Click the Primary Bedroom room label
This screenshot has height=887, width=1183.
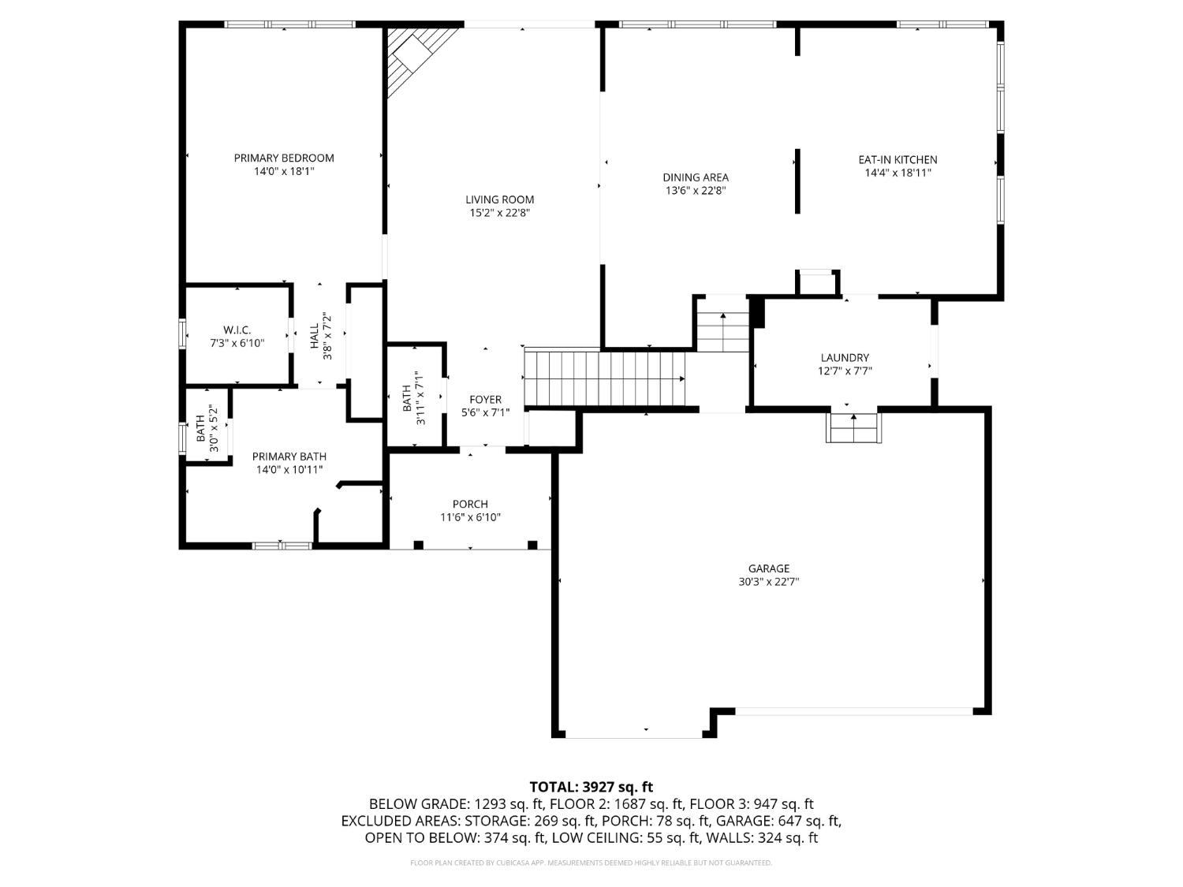pyautogui.click(x=284, y=158)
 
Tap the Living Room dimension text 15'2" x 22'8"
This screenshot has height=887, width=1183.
pyautogui.click(x=499, y=213)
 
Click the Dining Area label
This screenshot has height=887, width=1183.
pyautogui.click(x=695, y=177)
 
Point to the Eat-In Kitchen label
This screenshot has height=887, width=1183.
pyautogui.click(x=898, y=160)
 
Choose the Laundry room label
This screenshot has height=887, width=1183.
pyautogui.click(x=844, y=357)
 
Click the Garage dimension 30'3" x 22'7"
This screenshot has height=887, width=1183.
pyautogui.click(x=768, y=582)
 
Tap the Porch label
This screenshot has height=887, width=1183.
pyautogui.click(x=470, y=504)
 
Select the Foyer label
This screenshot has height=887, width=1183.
pyautogui.click(x=485, y=400)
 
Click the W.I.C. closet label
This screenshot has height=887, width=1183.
pyautogui.click(x=237, y=330)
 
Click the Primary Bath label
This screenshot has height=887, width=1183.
pyautogui.click(x=289, y=457)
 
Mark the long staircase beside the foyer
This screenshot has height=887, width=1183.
pyautogui.click(x=605, y=378)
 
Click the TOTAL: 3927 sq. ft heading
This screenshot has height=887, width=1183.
pyautogui.click(x=591, y=786)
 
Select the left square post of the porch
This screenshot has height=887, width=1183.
pyautogui.click(x=419, y=545)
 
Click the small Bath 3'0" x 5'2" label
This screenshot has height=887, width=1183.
pyautogui.click(x=201, y=427)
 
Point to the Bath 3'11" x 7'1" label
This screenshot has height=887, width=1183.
pyautogui.click(x=407, y=398)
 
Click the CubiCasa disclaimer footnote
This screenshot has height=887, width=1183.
pyautogui.click(x=591, y=863)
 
